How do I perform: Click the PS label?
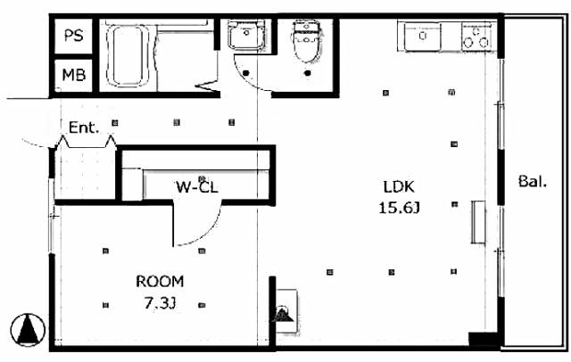pos(73,36)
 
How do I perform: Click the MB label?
pos(74,75)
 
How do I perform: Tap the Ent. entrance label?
pos(84,128)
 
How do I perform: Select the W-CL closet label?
pos(197,187)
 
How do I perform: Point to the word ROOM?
pos(160,281)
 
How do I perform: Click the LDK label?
pos(399,186)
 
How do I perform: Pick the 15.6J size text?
pos(399,208)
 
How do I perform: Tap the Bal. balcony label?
pos(533,181)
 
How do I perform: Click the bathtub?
pos(128,55)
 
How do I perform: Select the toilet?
pos(307,41)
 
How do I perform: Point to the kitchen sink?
pos(423,36)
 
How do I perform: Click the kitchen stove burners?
pos(476,37)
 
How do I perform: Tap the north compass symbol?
pos(28,330)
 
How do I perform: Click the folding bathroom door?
pos(208,85)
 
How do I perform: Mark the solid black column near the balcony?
pos(483,340)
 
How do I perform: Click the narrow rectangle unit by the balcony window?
pos(478,221)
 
